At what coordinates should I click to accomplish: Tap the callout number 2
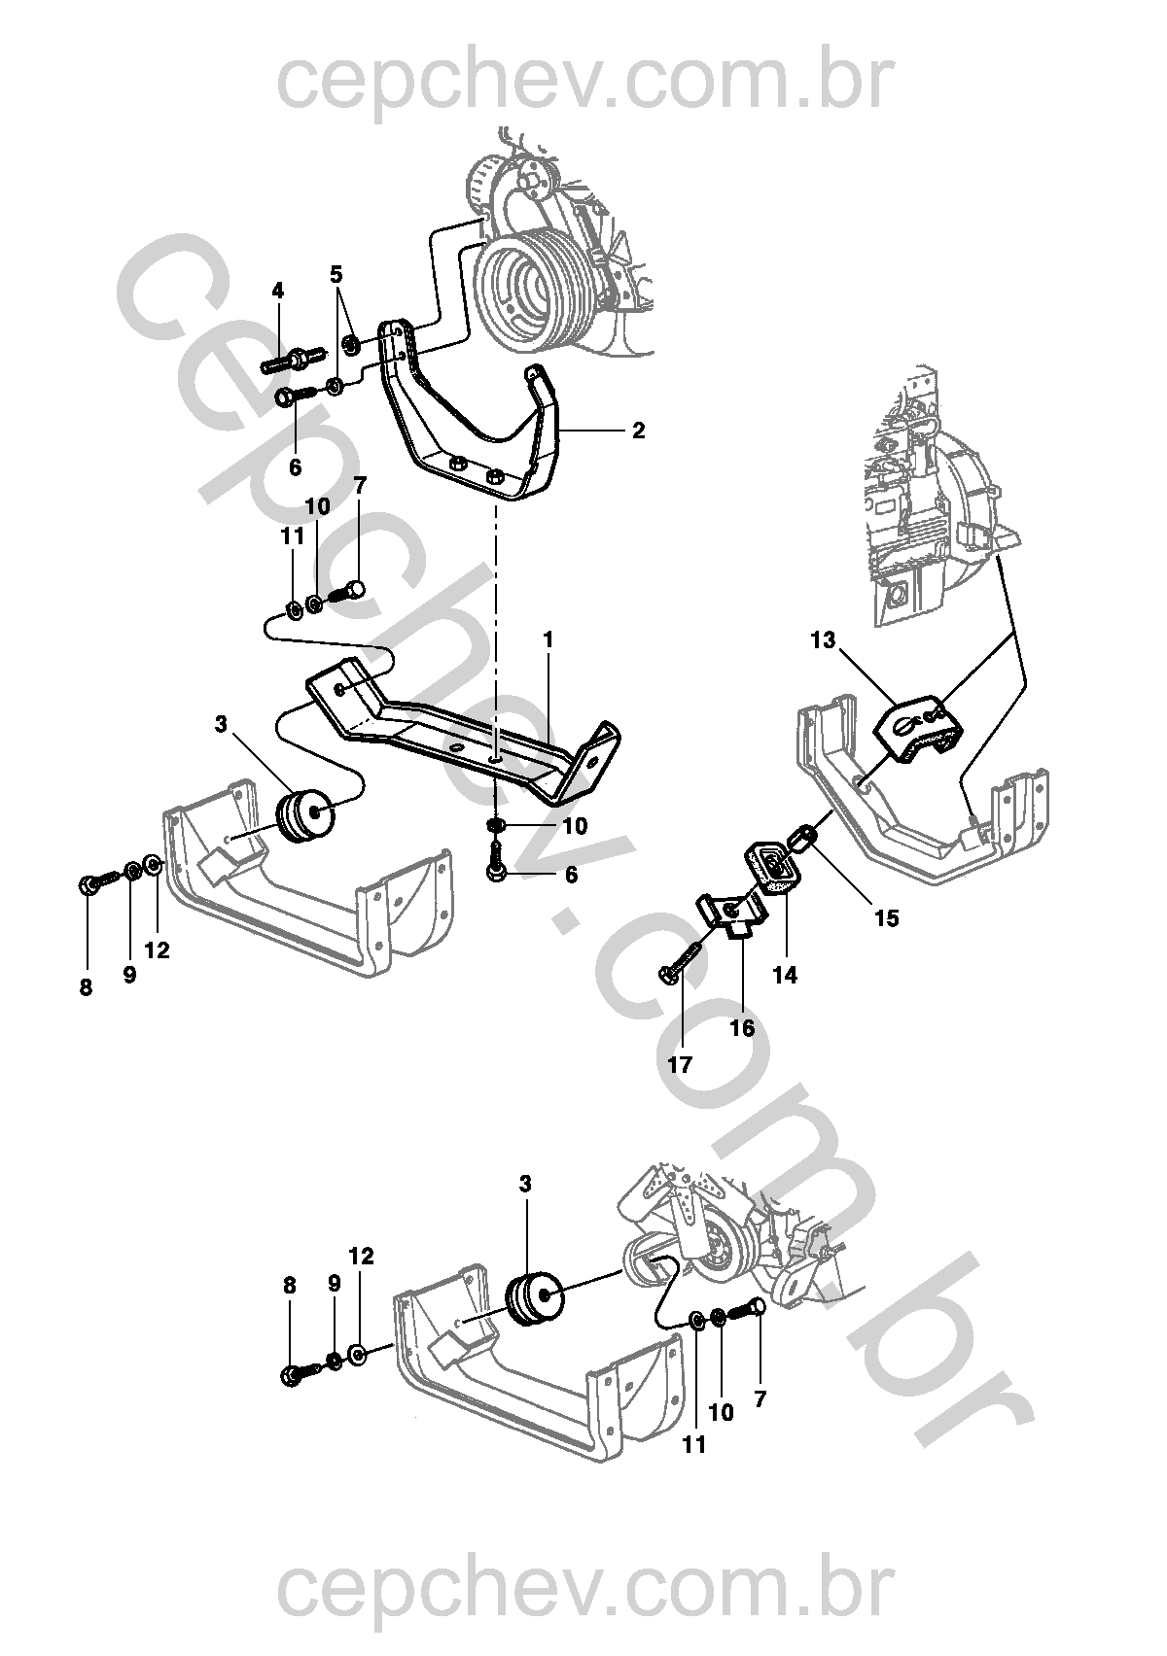tap(639, 431)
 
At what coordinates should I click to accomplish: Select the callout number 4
tap(277, 291)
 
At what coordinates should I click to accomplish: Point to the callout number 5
tap(336, 274)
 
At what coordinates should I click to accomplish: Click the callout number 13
tap(822, 640)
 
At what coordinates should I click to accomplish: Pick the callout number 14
tap(785, 975)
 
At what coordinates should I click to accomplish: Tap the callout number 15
tap(887, 918)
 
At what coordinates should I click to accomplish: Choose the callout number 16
tap(741, 1027)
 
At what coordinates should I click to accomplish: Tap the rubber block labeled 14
tap(772, 867)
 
